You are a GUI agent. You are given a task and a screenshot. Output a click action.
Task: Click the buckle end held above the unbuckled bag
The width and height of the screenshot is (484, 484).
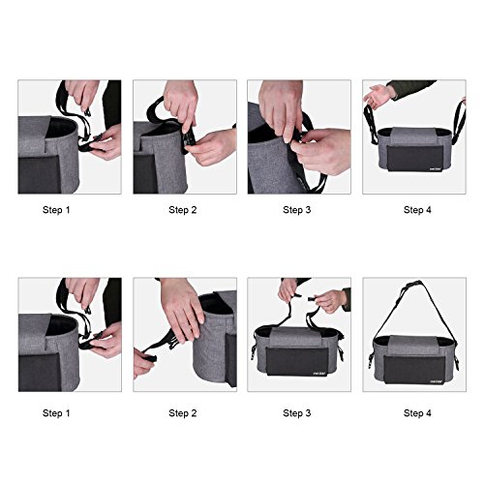(313, 299)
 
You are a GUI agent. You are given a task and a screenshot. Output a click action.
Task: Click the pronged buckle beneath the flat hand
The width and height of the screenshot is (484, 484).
(172, 344)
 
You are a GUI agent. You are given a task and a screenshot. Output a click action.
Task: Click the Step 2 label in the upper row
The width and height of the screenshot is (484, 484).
(183, 210)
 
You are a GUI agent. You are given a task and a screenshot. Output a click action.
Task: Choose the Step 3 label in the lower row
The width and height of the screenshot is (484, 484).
(297, 413)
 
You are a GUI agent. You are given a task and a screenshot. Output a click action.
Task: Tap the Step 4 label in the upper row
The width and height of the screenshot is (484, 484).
(417, 210)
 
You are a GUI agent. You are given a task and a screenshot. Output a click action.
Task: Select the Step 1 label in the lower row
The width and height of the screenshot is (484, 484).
(56, 413)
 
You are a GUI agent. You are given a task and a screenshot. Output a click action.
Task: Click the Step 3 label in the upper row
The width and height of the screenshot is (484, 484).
(297, 210)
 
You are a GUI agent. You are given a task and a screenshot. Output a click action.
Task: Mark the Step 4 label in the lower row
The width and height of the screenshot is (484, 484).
(417, 413)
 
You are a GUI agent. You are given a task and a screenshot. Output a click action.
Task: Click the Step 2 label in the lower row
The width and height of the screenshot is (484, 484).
(183, 413)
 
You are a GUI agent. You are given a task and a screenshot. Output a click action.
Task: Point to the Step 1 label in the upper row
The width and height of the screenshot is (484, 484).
(56, 210)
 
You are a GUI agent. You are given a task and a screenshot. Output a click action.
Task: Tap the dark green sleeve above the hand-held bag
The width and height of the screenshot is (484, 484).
(411, 88)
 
